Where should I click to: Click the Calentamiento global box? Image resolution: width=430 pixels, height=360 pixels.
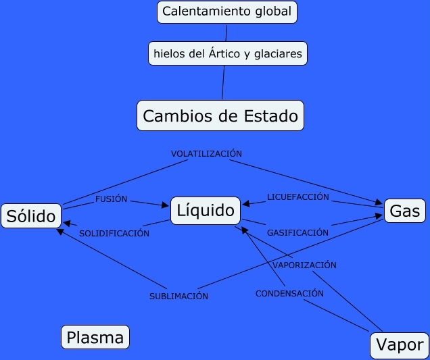click(227, 11)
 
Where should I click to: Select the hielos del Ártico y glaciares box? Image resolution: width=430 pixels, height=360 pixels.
click(228, 53)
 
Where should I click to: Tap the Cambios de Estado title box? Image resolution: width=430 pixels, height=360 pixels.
click(220, 115)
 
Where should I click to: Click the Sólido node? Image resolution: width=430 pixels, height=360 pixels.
click(31, 216)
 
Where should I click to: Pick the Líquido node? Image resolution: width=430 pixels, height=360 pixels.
click(206, 211)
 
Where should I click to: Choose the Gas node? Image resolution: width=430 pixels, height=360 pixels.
click(405, 211)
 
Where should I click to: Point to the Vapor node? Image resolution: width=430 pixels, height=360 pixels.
click(400, 344)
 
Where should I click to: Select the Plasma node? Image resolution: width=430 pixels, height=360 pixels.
click(95, 337)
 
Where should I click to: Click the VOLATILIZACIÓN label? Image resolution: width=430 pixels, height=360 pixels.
click(206, 154)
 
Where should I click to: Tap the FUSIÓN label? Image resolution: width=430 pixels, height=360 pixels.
click(112, 200)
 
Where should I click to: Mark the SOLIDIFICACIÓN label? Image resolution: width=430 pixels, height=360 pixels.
click(114, 234)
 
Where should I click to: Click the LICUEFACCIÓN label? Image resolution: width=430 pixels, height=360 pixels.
click(297, 197)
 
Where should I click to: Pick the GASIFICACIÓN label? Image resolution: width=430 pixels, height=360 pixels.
click(297, 232)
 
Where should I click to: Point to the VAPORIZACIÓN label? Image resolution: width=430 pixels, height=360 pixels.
click(304, 265)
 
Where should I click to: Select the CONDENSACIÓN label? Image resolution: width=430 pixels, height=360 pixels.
click(289, 294)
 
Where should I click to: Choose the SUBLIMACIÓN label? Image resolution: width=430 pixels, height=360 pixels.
click(178, 297)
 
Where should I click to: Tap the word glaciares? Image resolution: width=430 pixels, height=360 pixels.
click(277, 53)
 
